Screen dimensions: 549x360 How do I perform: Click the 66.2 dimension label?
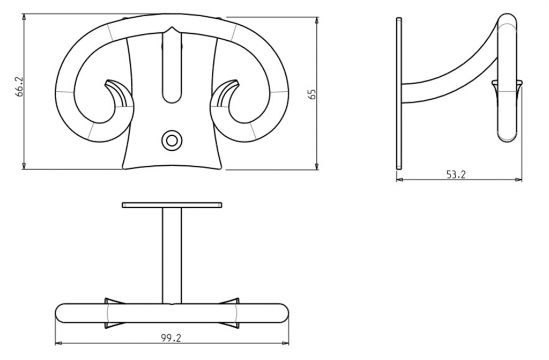click(20, 86)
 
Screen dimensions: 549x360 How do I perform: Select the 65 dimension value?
click(313, 94)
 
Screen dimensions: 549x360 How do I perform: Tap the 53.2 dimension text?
click(456, 174)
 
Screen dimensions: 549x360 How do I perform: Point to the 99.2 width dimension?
click(171, 337)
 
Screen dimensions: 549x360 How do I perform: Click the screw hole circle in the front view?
click(172, 141)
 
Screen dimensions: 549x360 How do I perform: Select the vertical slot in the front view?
click(172, 67)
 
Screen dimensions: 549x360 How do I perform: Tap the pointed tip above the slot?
click(172, 27)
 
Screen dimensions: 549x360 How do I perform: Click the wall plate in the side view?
click(399, 93)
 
